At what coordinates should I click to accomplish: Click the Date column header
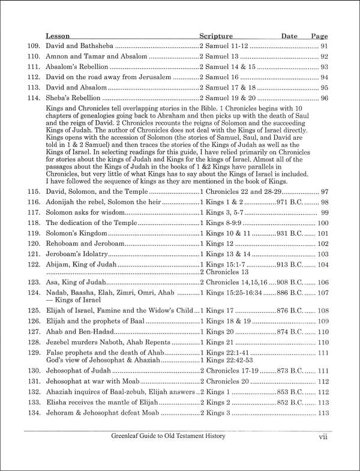pos(289,36)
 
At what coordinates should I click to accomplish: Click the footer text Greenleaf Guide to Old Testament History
pos(172,454)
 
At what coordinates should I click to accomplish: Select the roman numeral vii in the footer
pos(323,454)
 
